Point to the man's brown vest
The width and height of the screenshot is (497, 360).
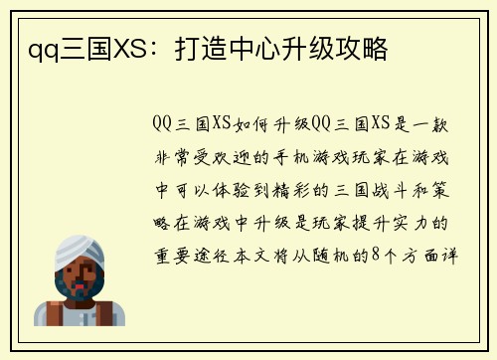tap(54, 314)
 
